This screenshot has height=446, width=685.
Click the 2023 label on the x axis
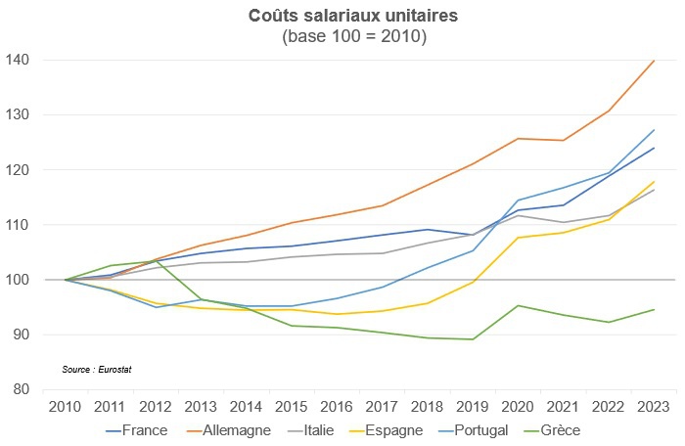653,406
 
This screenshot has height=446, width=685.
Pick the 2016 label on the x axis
337,406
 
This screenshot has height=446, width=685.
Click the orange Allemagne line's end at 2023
653,61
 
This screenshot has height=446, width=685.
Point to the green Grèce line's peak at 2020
518,305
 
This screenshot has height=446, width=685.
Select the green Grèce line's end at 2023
653,310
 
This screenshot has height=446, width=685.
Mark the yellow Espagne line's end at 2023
653,182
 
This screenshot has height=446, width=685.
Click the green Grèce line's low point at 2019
473,339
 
